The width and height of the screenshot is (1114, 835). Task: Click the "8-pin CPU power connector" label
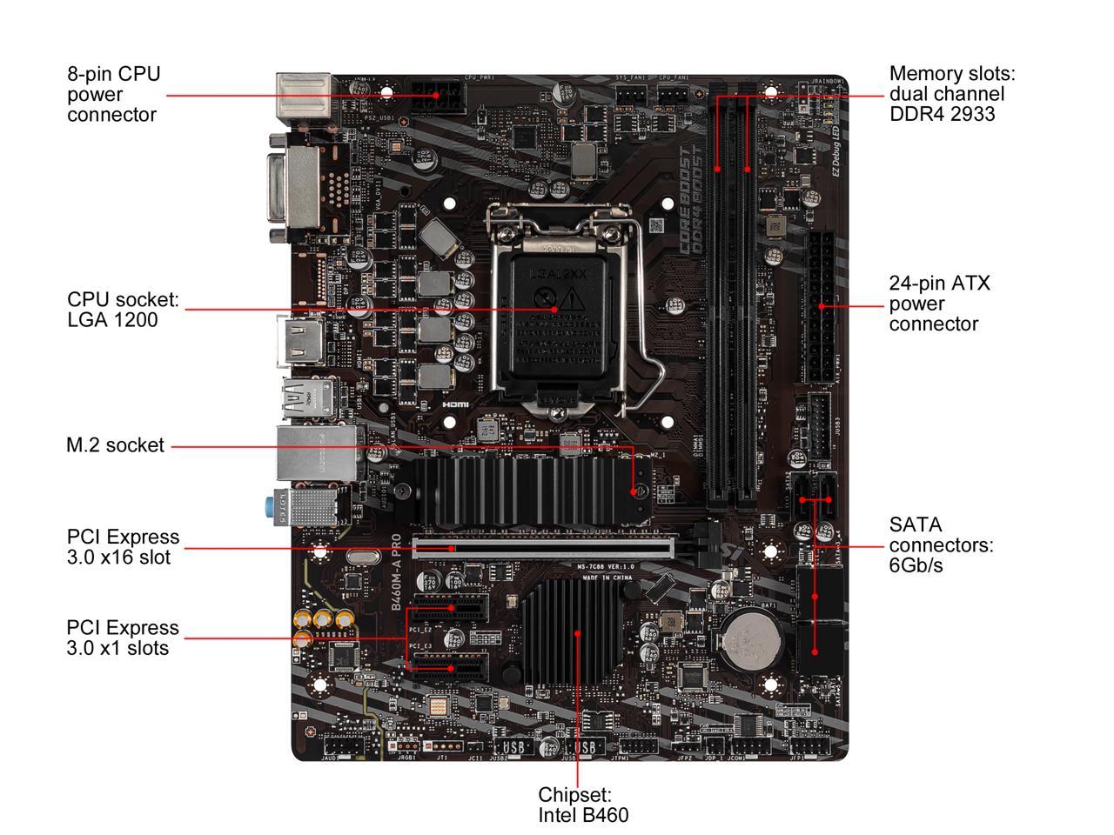[x=113, y=94]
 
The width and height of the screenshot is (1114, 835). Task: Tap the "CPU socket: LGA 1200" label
[x=123, y=310]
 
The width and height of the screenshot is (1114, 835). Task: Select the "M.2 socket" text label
[x=115, y=445]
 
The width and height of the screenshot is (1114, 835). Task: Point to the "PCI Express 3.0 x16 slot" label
[x=123, y=547]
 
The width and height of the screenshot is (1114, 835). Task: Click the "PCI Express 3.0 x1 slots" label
[x=123, y=638]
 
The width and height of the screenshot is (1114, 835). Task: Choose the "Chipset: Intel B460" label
[x=582, y=805]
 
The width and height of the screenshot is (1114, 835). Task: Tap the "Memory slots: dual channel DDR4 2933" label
[x=951, y=94]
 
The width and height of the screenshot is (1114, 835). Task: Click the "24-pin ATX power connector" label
[x=939, y=304]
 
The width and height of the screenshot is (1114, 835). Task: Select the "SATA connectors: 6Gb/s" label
[x=941, y=545]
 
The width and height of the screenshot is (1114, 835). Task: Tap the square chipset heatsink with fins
[x=572, y=632]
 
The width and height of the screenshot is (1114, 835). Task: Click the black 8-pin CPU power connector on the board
[x=438, y=97]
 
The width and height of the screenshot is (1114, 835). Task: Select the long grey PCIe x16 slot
[x=542, y=546]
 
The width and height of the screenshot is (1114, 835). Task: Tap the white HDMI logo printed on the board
[x=455, y=404]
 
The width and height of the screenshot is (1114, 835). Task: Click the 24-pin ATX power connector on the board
[x=821, y=307]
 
